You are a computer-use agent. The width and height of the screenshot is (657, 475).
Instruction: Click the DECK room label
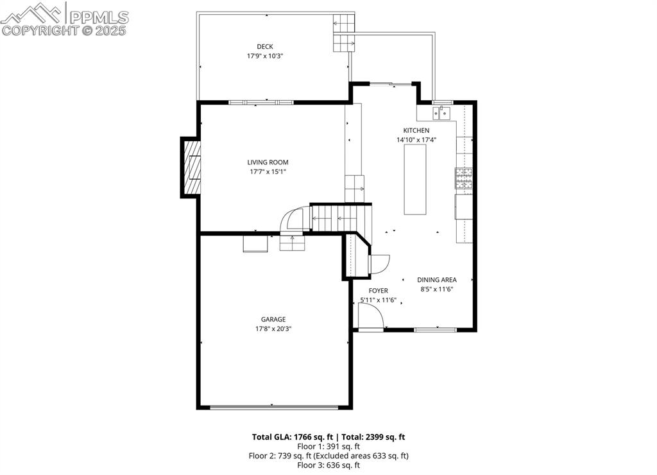[265, 46]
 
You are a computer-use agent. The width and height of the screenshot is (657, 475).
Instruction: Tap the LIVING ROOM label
[268, 162]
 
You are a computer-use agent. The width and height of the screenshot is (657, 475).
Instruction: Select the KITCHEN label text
[416, 130]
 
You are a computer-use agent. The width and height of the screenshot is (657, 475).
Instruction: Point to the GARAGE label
[273, 320]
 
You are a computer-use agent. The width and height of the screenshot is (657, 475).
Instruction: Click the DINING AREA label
[436, 280]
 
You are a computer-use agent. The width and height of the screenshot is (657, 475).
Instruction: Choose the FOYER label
[378, 291]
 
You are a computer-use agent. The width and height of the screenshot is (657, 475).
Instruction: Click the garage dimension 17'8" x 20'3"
[273, 329]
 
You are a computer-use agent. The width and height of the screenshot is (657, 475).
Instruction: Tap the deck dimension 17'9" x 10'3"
[265, 56]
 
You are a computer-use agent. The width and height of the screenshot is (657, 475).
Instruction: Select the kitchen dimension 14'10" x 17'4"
[416, 139]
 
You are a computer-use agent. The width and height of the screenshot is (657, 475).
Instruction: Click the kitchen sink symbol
[441, 113]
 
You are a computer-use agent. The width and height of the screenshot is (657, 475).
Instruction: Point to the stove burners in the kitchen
[464, 178]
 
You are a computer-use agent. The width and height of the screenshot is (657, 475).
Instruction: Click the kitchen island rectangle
[415, 180]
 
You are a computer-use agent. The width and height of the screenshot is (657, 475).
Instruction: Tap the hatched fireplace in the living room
[191, 167]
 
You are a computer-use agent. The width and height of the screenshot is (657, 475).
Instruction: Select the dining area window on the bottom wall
[435, 330]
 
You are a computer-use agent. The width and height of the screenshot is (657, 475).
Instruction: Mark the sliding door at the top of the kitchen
[391, 84]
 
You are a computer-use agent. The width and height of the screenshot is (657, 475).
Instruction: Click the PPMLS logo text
[99, 17]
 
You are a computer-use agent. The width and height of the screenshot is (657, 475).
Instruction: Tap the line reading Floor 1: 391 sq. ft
[328, 447]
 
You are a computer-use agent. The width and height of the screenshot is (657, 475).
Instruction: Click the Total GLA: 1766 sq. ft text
[293, 437]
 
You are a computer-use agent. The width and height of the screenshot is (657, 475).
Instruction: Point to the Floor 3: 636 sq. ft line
[328, 465]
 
